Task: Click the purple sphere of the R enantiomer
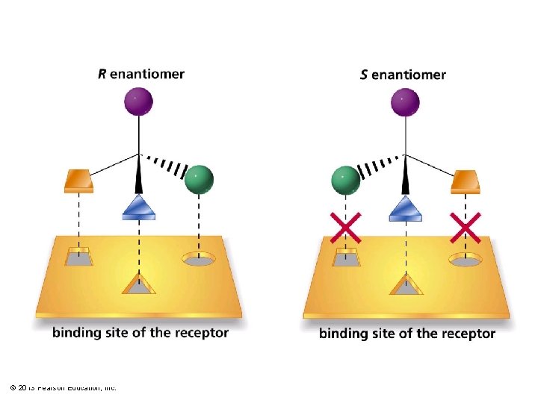click(138, 101)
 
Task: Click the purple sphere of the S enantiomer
click(405, 101)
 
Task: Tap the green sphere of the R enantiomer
click(199, 179)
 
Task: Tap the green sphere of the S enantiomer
click(344, 180)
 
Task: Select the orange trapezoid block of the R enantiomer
click(78, 181)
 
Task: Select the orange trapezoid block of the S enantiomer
click(466, 181)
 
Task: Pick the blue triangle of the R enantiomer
click(139, 207)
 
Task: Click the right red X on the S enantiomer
click(465, 227)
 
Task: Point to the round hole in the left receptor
click(200, 260)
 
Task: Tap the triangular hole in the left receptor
click(139, 284)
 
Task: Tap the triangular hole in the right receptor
click(406, 285)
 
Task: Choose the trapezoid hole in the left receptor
click(78, 257)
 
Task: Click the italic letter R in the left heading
click(102, 74)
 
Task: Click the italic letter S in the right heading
click(364, 75)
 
